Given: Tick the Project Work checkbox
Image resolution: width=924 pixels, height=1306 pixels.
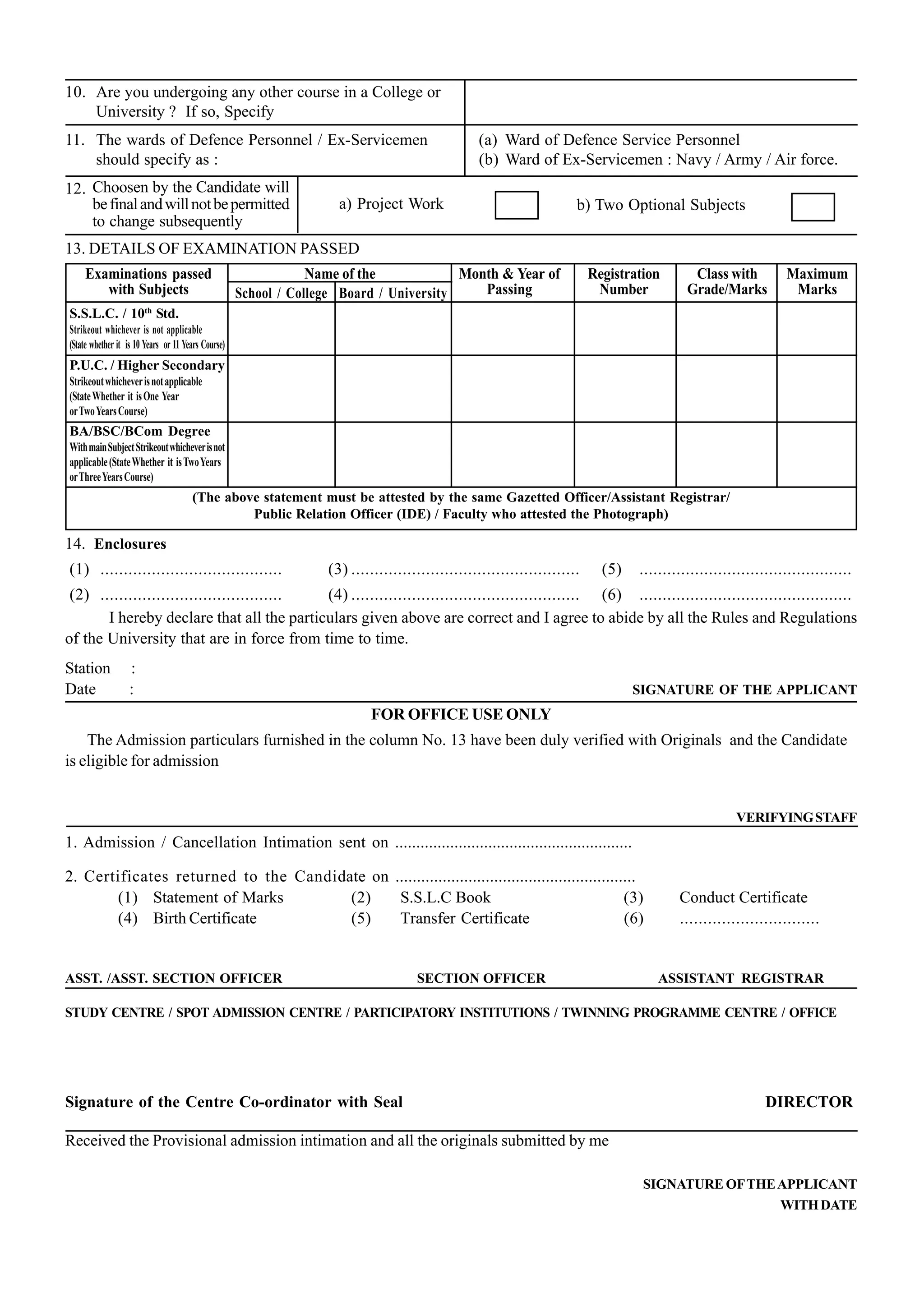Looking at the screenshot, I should tap(516, 205).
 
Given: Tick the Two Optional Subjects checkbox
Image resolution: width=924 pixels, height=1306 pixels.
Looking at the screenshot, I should tap(813, 207).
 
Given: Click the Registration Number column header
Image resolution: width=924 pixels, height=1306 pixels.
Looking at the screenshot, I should tap(624, 281).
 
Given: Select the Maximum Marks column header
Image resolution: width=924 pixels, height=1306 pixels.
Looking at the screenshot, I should tap(817, 281).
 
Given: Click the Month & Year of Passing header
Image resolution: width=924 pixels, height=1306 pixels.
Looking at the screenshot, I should tap(510, 281).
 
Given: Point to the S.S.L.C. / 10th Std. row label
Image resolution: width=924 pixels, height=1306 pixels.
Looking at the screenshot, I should tap(124, 313).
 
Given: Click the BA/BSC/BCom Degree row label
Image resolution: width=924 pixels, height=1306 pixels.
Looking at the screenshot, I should tap(140, 431).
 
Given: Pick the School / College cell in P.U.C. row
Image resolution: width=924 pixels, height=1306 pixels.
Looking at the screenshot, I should tap(281, 388).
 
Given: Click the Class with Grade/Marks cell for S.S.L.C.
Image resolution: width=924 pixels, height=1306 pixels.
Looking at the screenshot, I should tap(726, 328).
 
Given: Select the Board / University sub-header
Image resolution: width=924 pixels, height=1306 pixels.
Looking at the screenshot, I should tap(393, 293).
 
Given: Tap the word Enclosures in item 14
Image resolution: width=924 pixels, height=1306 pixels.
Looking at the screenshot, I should tap(130, 544).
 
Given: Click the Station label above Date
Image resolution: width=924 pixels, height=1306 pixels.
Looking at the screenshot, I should tap(88, 668).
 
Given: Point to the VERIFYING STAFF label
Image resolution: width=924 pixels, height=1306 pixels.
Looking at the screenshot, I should tap(796, 818).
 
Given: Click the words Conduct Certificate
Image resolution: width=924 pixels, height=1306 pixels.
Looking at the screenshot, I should tap(743, 897).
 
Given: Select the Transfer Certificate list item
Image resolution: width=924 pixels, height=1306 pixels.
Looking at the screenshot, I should tap(464, 918).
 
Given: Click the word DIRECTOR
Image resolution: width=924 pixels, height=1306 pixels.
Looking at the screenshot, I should tap(808, 1102).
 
